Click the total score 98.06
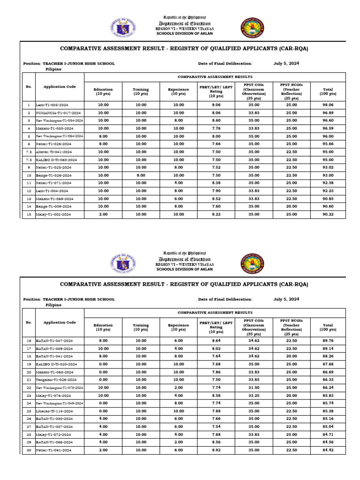(328, 105)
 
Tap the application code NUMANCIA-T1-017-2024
(59, 113)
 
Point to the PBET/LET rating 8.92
(216, 450)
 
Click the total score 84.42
(328, 450)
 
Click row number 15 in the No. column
(29, 214)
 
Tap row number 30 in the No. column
(29, 450)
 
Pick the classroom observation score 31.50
(254, 388)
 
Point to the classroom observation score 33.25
(254, 396)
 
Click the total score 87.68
(328, 364)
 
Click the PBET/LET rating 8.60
(216, 120)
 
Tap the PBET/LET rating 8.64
(216, 341)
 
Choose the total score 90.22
(328, 214)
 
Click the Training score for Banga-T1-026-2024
(141, 175)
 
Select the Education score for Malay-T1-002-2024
(103, 214)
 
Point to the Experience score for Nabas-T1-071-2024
(178, 183)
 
